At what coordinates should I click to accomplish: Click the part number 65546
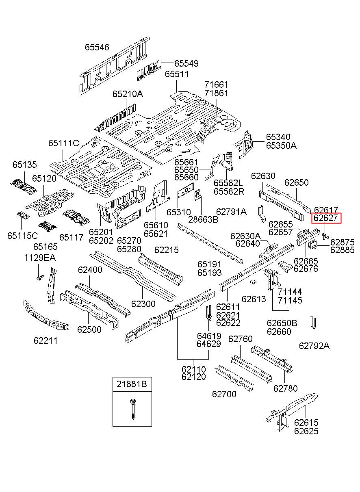[x=97, y=47]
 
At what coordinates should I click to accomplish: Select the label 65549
[x=186, y=63]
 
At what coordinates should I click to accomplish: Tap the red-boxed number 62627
[x=325, y=218]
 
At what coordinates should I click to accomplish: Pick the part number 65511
[x=177, y=74]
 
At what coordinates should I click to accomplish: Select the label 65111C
[x=63, y=143]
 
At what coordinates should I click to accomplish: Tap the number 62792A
[x=314, y=346]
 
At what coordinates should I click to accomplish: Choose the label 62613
[x=254, y=299]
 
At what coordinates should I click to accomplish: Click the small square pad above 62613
[x=253, y=282]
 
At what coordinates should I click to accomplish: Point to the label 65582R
[x=229, y=191]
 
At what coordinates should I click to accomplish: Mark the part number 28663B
[x=204, y=219]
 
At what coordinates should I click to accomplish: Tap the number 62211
[x=46, y=340]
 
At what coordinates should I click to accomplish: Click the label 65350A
[x=281, y=145]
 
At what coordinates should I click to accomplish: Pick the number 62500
[x=89, y=329]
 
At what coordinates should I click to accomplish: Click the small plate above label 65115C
[x=23, y=215]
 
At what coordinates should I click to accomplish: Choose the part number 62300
[x=143, y=304]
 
